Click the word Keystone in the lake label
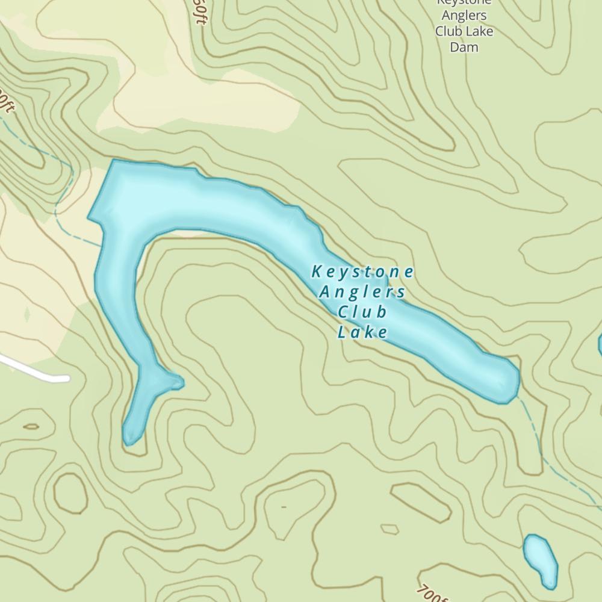coord(363,272)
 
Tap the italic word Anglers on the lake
coord(362,293)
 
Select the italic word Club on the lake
coord(362,312)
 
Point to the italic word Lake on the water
coord(362,332)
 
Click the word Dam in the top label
coord(464,46)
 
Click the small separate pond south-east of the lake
coord(540,560)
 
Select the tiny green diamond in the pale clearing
coord(26,314)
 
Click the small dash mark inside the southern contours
coord(284,507)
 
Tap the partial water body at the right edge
coord(600,344)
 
